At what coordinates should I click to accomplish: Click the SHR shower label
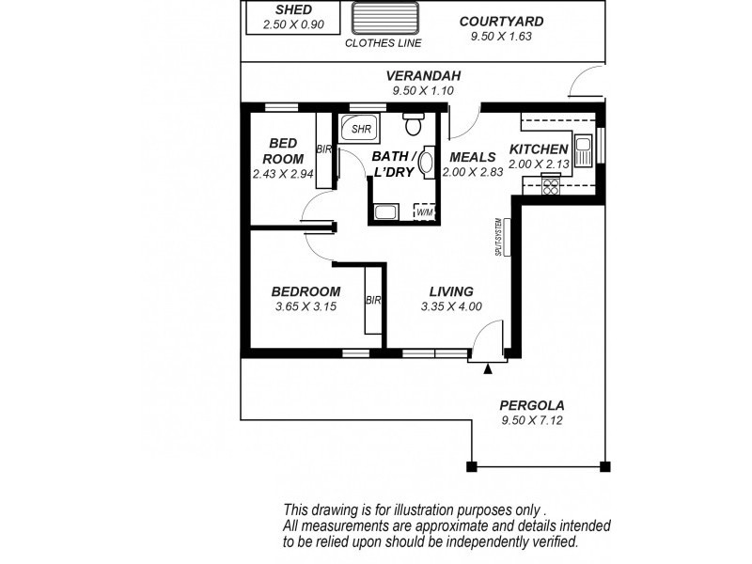359,129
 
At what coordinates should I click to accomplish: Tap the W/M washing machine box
424,212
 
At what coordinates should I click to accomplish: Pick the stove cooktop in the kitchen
550,187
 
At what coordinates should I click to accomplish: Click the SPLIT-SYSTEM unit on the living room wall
504,238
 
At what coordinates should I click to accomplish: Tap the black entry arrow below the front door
486,368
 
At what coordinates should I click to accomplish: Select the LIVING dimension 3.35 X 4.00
451,306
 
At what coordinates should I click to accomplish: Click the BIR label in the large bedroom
372,301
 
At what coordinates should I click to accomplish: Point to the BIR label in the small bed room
323,149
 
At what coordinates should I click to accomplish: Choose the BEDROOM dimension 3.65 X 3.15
305,306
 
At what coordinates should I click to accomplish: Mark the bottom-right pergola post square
604,466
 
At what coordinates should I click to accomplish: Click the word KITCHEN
539,149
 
